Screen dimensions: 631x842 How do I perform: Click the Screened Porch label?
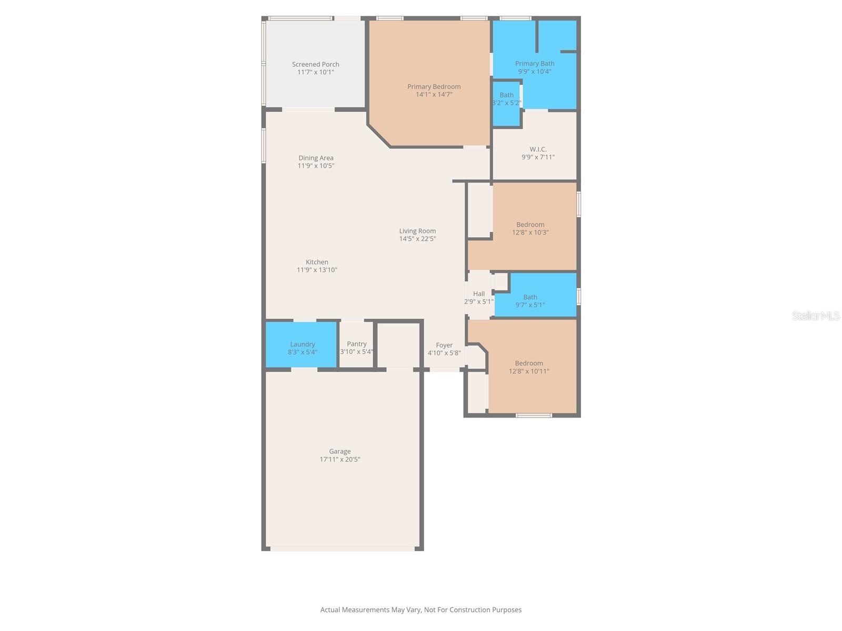tap(315, 64)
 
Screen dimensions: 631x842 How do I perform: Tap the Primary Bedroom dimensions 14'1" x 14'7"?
tap(434, 95)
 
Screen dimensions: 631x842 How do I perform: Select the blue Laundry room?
tap(301, 344)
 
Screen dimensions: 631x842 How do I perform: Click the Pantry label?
tap(356, 344)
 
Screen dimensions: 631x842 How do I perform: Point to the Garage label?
tap(339, 451)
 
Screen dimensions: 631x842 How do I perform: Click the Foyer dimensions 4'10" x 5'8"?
tap(444, 353)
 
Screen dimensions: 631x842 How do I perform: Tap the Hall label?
tap(478, 294)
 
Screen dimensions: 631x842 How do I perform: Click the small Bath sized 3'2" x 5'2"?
tap(506, 103)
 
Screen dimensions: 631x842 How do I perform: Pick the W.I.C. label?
tap(538, 149)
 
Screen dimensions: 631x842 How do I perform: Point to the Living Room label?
tap(417, 231)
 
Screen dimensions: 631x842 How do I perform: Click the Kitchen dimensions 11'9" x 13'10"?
tap(317, 270)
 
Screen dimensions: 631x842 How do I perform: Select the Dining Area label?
tap(316, 158)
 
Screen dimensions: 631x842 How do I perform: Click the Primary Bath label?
tap(534, 64)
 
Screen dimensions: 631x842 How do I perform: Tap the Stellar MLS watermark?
tap(815, 316)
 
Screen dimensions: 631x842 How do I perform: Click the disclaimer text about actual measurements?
tap(420, 610)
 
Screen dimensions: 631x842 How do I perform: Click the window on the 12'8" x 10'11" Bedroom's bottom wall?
tap(534, 415)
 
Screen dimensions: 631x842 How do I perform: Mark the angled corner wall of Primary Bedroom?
tap(379, 136)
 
